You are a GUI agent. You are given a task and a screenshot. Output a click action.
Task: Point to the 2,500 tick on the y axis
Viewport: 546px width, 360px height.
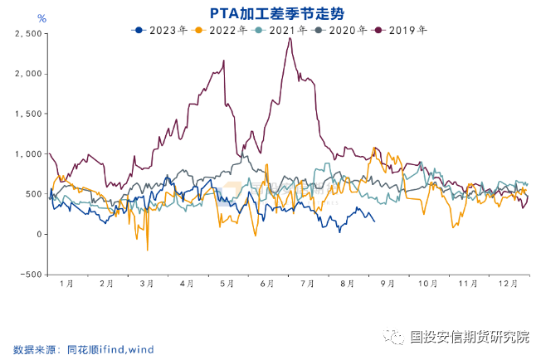27,34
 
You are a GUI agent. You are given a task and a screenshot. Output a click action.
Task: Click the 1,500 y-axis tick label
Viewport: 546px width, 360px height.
27,114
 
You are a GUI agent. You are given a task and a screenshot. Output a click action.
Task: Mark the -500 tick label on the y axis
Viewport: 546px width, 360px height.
30,275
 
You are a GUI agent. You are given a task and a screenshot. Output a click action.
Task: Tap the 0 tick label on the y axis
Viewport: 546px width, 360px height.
37,235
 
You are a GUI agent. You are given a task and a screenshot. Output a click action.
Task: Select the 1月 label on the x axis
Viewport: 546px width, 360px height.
67,284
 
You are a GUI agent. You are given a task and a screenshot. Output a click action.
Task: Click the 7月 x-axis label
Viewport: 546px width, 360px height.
306,284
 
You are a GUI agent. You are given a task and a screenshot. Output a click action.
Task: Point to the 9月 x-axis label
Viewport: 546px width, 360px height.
387,284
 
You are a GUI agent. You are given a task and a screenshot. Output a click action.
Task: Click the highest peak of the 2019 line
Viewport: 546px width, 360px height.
290,38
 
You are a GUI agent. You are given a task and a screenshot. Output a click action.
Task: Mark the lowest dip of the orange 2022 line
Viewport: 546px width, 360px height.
148,250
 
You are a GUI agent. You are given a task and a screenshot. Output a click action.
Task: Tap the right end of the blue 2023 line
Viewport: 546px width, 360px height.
374,221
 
